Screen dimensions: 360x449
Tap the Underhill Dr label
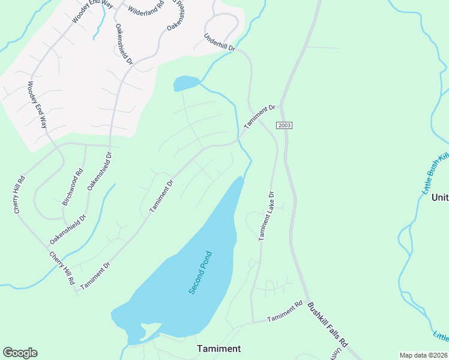pos(220,41)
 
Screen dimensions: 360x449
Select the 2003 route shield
pos(284,125)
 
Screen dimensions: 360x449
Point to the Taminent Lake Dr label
pos(266,216)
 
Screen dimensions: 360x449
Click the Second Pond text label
pos(201,272)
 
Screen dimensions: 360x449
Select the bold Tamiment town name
pos(219,349)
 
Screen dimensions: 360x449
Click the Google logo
pos(20,353)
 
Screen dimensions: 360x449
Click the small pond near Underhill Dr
pos(185,83)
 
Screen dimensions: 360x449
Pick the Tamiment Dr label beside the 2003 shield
pos(260,116)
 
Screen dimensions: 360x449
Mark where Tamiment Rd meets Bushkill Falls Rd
pos(307,303)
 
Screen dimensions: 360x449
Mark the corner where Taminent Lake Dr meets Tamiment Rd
pos(252,322)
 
